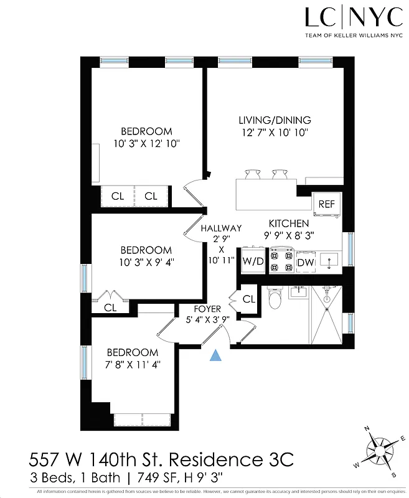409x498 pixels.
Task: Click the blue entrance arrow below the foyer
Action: pos(215,355)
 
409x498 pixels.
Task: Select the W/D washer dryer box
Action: pos(253,261)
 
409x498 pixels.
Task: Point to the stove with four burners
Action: pos(281,261)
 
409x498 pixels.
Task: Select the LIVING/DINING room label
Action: pos(275,120)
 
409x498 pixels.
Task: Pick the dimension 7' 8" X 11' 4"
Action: pos(131,364)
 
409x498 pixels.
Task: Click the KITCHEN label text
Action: pos(288,223)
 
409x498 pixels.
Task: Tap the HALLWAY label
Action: pos(221,228)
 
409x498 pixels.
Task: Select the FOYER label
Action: pos(207,309)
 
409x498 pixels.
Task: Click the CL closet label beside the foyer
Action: pos(248,299)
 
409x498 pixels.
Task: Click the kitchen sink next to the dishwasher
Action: pos(330,260)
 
